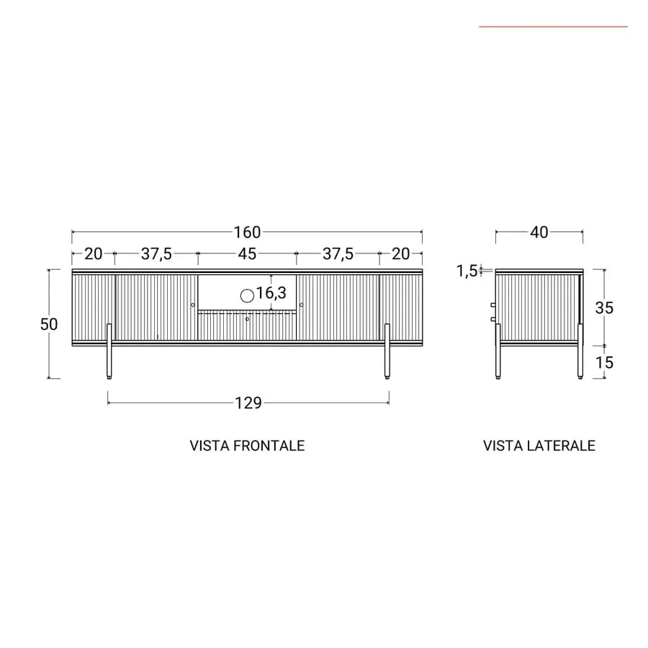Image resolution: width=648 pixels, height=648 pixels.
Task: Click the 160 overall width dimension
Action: pos(247,233)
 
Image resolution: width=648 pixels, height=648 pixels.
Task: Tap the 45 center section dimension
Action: pos(247,253)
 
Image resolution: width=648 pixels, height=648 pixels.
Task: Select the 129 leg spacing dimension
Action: pos(248,402)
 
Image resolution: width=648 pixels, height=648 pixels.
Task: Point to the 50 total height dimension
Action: pos(49,325)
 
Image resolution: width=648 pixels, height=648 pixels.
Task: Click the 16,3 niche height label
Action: pos(271,293)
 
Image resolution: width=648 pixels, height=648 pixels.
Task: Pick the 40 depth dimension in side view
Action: pos(539,233)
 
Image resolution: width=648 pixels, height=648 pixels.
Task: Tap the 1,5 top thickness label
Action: pos(467,271)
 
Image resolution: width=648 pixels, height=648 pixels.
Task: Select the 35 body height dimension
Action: pos(604,308)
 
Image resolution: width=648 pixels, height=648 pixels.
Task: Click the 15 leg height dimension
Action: pos(604,363)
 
